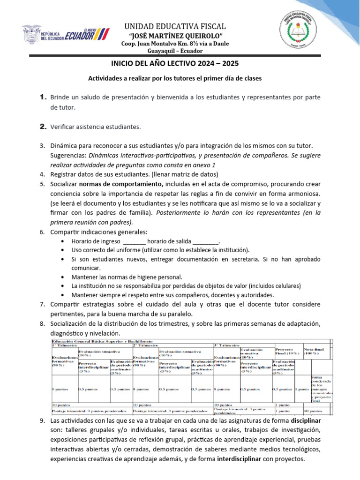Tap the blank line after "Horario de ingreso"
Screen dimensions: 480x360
point(134,241)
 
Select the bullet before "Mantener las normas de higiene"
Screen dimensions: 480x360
point(63,277)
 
